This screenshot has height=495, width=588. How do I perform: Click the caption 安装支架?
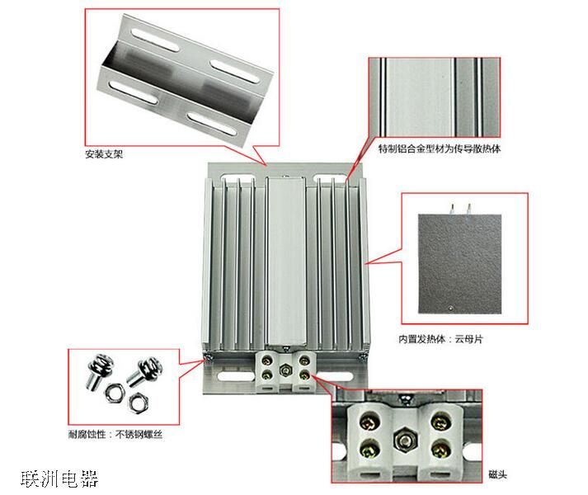104,154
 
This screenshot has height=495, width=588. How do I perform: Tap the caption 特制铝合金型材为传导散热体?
439,149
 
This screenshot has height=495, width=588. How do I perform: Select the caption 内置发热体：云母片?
440,339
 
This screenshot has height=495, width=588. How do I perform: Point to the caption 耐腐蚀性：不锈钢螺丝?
115,435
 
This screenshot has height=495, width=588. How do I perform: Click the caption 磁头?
497,474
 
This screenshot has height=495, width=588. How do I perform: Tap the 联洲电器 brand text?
59,478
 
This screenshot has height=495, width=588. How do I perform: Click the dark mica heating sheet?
459,263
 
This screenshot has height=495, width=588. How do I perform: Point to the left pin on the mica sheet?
452,209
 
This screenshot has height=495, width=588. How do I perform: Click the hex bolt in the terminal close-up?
404,441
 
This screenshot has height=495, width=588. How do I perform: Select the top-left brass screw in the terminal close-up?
368,423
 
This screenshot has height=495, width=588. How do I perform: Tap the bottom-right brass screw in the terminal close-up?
439,448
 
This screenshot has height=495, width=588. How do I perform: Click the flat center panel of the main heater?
285,261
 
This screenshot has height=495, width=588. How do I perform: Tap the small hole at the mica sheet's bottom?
451,309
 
